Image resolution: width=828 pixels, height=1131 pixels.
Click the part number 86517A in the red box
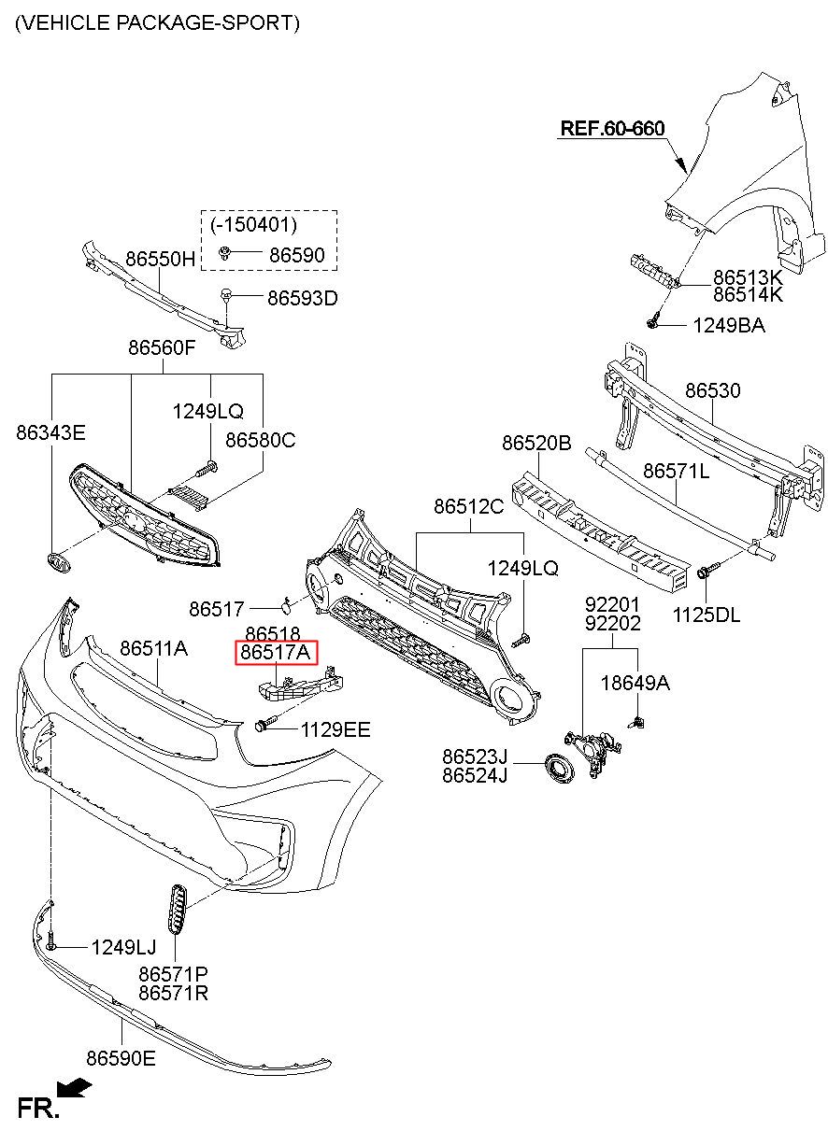276,652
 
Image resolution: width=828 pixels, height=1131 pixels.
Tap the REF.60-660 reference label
612,128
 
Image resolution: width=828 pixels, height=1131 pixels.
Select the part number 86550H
160,259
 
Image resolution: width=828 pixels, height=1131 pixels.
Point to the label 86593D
302,299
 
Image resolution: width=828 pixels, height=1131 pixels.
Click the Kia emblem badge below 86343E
59,562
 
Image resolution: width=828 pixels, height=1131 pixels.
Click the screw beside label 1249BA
653,319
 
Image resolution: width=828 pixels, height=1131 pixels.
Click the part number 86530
713,390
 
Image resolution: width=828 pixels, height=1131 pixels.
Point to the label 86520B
536,443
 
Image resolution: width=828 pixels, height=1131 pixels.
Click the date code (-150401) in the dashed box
253,225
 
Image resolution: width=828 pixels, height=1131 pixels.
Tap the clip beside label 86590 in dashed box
225,253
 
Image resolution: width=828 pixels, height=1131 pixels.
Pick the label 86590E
121,1058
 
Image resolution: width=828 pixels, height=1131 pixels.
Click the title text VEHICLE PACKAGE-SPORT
158,23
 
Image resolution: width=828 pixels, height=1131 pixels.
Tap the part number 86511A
153,648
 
